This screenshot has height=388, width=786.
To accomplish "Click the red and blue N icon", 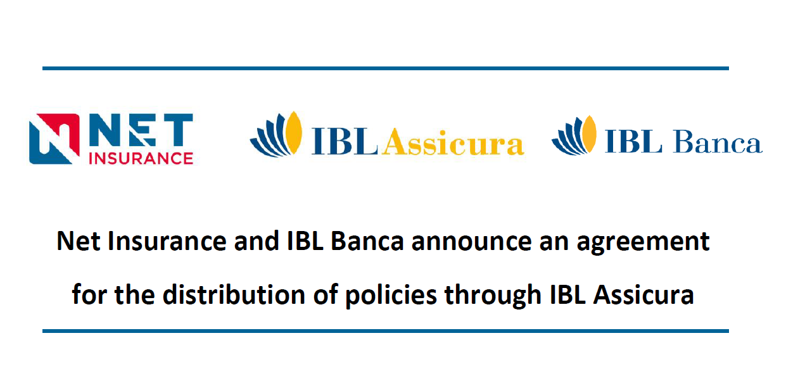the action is [x=54, y=139].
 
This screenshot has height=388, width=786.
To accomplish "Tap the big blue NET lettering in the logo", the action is [x=141, y=130].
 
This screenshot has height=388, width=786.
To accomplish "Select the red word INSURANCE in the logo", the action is [x=141, y=159].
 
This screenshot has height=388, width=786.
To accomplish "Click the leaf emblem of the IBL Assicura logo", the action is [x=276, y=134].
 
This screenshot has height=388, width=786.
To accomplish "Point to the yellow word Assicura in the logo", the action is [x=453, y=142].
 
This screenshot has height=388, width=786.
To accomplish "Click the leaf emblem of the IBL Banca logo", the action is [x=574, y=135].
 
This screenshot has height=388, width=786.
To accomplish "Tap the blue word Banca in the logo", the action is [x=718, y=142].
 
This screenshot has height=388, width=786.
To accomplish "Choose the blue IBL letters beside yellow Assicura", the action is [x=345, y=142].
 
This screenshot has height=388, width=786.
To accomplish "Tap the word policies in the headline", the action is [x=391, y=296].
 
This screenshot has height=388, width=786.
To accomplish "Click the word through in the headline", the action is [x=493, y=296].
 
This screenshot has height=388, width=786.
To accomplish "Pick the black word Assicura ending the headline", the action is [x=643, y=295].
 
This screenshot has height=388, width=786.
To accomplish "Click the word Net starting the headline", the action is [x=79, y=241].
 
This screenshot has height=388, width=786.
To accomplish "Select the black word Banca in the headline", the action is [x=367, y=241].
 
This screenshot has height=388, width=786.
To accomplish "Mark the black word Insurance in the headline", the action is [x=167, y=241].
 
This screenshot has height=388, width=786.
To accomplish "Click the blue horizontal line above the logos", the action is [x=386, y=68].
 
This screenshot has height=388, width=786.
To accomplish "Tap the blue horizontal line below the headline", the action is [x=386, y=331].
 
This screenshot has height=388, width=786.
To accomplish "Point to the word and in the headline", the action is [x=257, y=241].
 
